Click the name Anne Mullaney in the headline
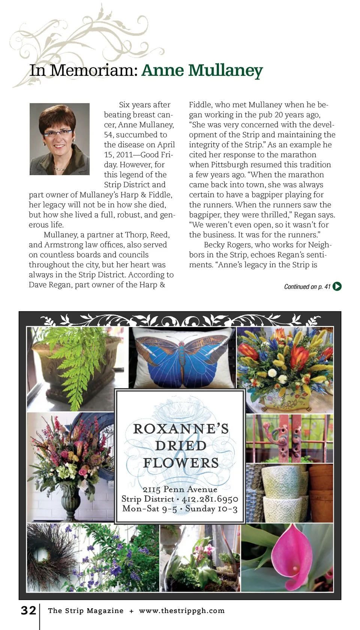click(x=202, y=70)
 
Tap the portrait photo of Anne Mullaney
click(x=60, y=139)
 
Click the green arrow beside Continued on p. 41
click(x=337, y=286)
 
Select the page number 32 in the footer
click(x=28, y=610)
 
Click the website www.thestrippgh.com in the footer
click(x=182, y=611)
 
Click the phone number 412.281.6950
click(x=210, y=499)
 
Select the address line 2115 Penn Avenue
click(x=180, y=489)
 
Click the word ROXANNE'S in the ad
click(x=181, y=429)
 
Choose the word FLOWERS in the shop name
click(x=181, y=463)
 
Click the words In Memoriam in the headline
click(x=84, y=70)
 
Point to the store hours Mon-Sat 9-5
click(x=150, y=509)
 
